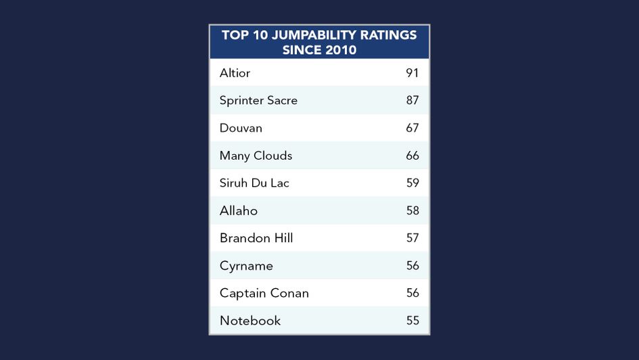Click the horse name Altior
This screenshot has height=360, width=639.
point(235,73)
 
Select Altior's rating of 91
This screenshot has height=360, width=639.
point(412,73)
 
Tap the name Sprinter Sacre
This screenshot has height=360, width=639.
point(258,100)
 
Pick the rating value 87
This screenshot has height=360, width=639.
point(412,100)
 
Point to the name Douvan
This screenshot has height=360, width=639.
point(241,128)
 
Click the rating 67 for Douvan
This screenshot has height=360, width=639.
point(412,128)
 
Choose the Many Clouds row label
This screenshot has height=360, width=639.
point(256,156)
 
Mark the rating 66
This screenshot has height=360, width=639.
point(412,156)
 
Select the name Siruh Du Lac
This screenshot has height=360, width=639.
point(254,183)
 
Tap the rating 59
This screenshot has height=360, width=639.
point(412,183)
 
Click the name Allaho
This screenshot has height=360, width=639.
point(239,210)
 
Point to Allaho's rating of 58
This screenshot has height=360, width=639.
point(412,210)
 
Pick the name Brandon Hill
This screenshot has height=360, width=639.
point(256,238)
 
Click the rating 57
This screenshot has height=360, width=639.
point(412,238)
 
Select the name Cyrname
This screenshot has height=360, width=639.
point(246,266)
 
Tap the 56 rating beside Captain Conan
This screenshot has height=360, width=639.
point(412,293)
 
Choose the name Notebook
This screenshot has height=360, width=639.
point(250,321)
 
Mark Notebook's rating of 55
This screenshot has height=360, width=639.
point(412,321)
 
